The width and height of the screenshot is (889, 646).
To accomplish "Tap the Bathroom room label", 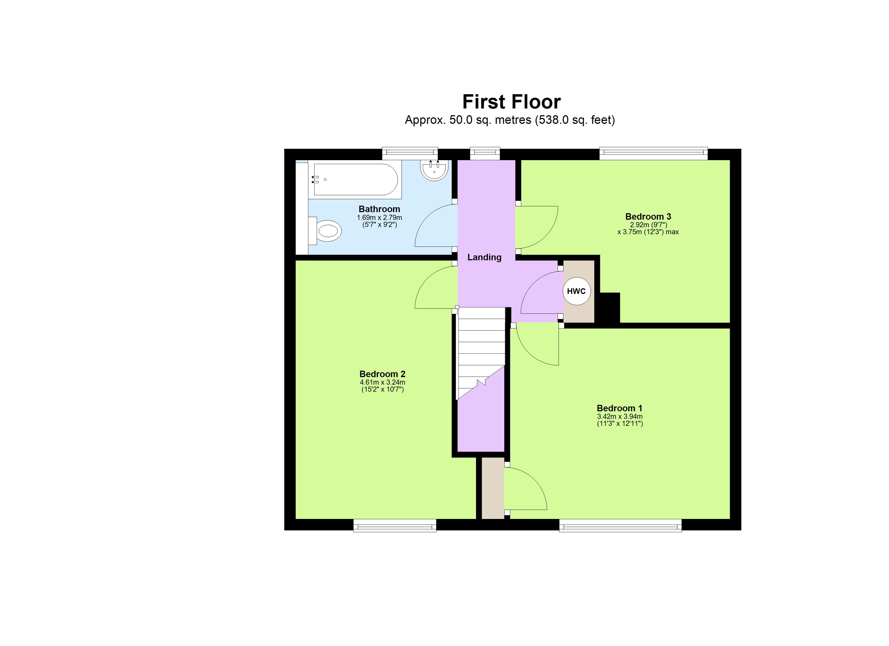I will pos(379,209).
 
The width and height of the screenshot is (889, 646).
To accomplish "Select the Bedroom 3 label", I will pos(648,216).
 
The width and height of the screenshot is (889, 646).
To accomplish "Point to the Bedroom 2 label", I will pos(382,374).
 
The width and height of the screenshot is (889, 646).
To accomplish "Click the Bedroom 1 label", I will pos(619,408).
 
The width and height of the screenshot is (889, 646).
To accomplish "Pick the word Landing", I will pos(484,257).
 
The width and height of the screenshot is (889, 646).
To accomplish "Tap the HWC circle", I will pos(576,291).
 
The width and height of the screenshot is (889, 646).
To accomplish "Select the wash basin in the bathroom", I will pos(434,170).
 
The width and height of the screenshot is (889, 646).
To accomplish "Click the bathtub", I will pos(355,180).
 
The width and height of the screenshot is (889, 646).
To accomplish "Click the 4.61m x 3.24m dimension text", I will pos(382,382).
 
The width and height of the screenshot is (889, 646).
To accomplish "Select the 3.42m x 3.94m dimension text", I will pos(619,416).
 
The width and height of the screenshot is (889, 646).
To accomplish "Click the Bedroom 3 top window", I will pos(654,153).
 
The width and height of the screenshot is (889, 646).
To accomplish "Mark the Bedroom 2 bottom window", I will pos(395,525).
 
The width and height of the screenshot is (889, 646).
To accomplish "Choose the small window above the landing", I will pos(485,153).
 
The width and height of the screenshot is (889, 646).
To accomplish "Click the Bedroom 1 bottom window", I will pos(620,525).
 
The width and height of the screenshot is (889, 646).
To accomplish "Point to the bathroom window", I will pos(410,153).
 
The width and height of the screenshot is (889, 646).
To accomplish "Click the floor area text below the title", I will pos(510,120).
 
